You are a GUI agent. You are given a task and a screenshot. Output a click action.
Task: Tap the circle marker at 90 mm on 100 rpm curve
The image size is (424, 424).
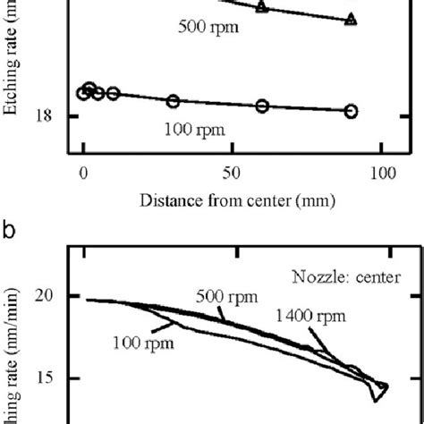(x=352, y=111)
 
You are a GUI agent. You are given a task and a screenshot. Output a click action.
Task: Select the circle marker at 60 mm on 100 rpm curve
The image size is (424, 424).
(x=262, y=106)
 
